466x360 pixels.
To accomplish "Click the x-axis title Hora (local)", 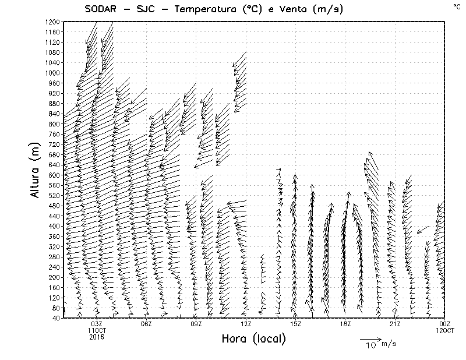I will [x=253, y=338].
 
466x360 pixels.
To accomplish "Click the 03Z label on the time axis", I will [x=97, y=324].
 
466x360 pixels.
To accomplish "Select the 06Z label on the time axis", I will [x=146, y=324].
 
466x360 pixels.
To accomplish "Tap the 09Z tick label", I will [x=196, y=324].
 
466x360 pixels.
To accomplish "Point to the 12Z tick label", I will [x=246, y=324].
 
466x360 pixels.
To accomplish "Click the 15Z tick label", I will [x=295, y=324].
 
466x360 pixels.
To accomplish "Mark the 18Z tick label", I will [x=345, y=324].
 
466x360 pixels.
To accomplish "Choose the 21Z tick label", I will [x=395, y=324].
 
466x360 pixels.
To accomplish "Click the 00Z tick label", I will [x=444, y=324].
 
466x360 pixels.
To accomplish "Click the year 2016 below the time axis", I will [x=97, y=336].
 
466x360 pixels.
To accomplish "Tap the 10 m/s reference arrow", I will [x=369, y=338].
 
